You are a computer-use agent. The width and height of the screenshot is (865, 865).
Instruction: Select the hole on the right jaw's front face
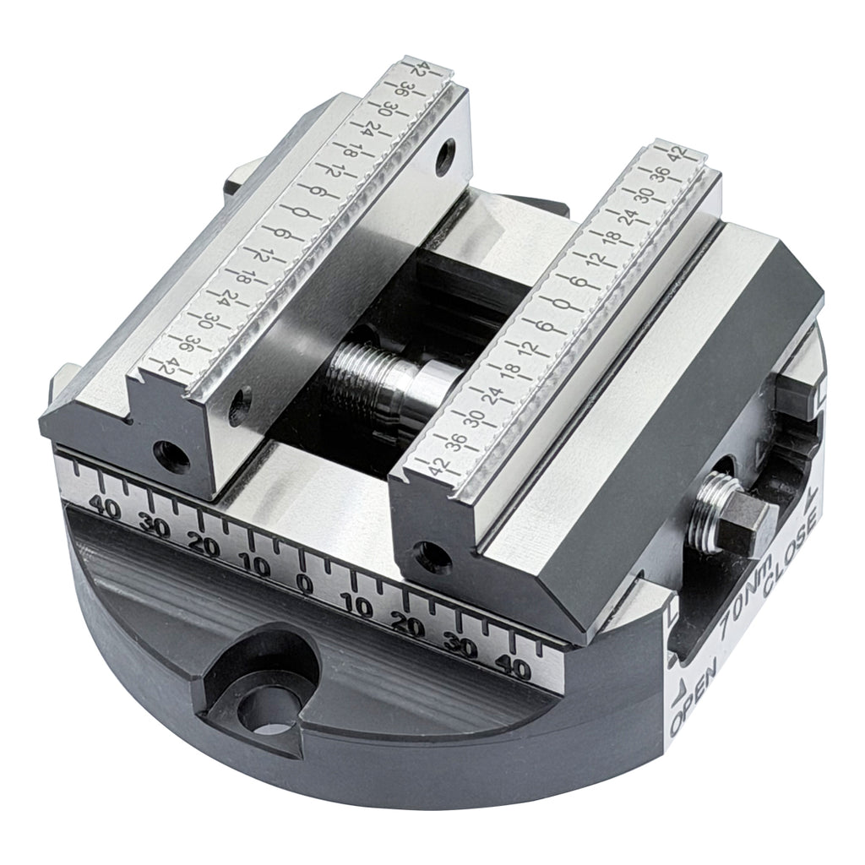click(433, 553)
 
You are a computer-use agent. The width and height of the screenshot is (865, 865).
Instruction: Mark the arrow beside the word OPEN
click(681, 698)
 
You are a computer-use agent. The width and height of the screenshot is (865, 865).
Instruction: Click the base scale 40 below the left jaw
click(107, 506)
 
